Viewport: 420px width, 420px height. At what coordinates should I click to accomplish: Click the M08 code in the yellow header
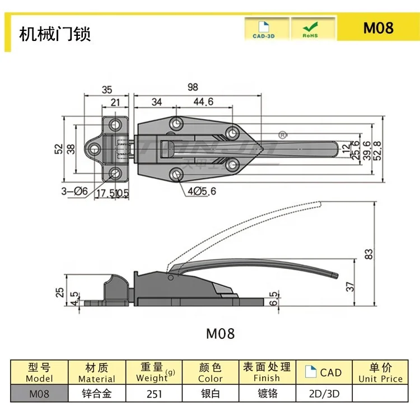(x=379, y=27)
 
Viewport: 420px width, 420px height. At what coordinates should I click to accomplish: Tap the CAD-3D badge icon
(x=267, y=28)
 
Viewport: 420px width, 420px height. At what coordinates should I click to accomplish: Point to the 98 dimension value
(x=193, y=87)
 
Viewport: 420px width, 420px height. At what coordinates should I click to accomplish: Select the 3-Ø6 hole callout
(x=74, y=191)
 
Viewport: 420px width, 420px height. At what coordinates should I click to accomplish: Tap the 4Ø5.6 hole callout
(x=202, y=191)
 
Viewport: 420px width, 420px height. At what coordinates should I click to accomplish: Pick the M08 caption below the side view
(x=221, y=334)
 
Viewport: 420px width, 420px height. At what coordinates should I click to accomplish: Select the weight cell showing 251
(x=154, y=393)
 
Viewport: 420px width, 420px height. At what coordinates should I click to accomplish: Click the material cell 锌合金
(x=96, y=393)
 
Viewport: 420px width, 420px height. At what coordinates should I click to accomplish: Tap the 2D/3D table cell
(x=324, y=393)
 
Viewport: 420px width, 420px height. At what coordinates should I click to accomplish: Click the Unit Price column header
(x=380, y=373)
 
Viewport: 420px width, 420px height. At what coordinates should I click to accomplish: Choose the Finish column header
(x=267, y=373)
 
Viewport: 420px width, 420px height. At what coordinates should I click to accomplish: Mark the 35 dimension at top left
(x=107, y=88)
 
